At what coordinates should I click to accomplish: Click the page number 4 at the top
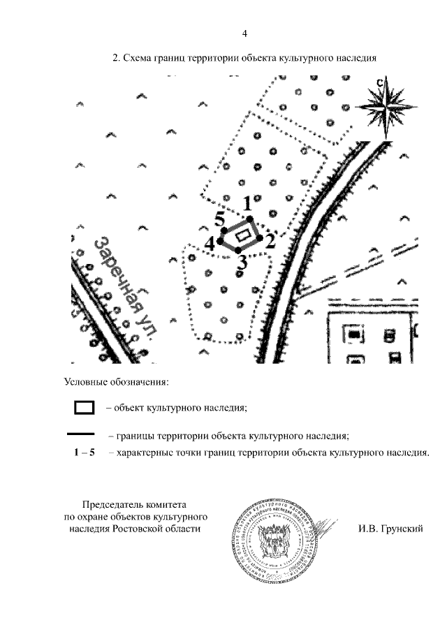[244, 34]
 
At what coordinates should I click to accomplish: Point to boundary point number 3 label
[241, 263]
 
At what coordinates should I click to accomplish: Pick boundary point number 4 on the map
[210, 243]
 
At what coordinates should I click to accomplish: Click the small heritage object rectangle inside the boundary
[242, 236]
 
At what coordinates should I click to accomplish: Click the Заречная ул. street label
[126, 286]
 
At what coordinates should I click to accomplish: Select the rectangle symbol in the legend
[85, 406]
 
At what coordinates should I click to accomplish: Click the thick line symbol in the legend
[84, 434]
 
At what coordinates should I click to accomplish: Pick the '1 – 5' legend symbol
[84, 453]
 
